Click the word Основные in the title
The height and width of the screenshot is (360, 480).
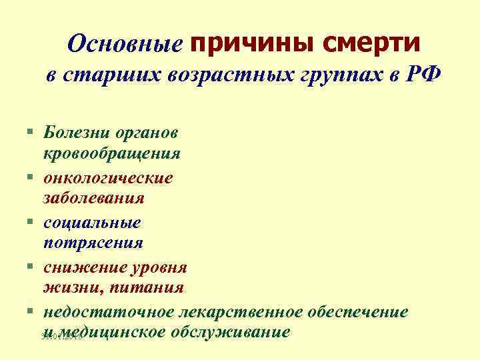125,44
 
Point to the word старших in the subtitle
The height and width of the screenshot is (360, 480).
107,75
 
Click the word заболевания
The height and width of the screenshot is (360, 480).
93,198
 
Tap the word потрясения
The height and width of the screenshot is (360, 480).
93,242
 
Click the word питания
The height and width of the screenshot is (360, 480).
149,287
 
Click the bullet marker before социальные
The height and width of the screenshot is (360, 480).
31,221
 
